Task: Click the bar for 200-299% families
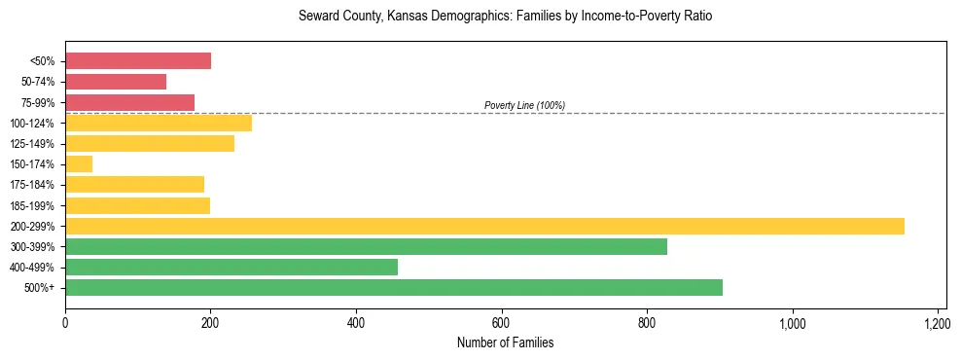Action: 484,226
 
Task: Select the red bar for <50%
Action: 138,61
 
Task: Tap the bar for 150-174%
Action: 79,164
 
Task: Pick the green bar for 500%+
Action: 394,287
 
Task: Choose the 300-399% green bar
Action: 366,246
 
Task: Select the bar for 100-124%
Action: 159,123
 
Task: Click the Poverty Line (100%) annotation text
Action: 524,105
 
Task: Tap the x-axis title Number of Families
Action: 505,342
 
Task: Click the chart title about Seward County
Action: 506,17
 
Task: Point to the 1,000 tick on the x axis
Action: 792,322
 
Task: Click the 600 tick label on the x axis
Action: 502,322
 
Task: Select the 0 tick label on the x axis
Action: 65,322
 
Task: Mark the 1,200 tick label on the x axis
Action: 937,322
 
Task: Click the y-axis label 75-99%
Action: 38,103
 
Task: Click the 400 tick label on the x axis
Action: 356,322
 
